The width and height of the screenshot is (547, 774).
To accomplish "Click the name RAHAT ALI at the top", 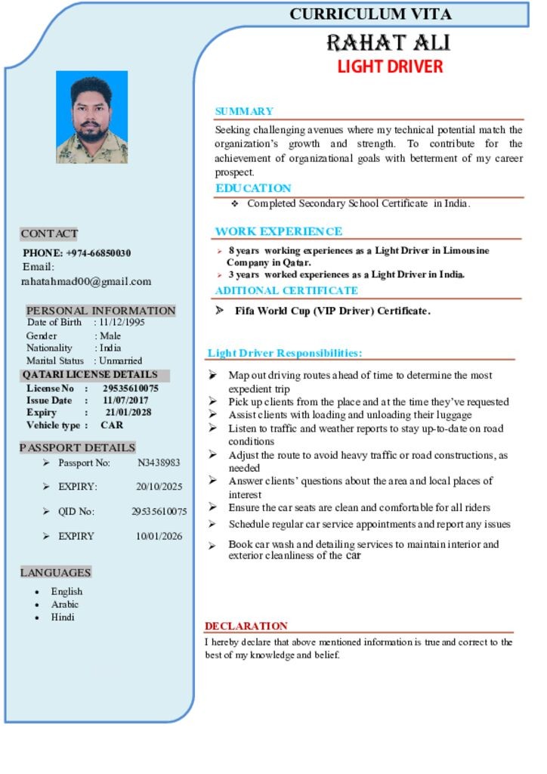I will tap(389, 42).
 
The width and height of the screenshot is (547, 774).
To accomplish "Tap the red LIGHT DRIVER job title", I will tap(390, 67).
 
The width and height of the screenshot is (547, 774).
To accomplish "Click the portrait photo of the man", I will tap(91, 117).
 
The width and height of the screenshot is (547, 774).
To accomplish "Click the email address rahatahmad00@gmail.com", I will tap(86, 281).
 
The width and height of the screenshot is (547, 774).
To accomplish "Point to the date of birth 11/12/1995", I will tap(122, 322).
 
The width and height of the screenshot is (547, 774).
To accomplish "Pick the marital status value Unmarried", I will tap(120, 361).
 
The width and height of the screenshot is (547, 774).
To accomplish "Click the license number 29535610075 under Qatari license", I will tap(131, 389).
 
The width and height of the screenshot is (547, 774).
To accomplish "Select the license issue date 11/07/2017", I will tap(125, 401).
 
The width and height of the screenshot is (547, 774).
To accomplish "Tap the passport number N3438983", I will tap(159, 463).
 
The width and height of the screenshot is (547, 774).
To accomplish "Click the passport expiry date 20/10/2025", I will tap(159, 487).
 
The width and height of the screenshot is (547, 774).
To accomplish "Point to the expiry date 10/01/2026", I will tap(159, 536).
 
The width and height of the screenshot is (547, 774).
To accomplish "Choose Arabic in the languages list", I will tap(65, 604).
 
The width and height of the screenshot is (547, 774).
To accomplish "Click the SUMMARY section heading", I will tap(244, 111).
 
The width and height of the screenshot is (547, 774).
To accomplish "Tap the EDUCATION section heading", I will tap(253, 188).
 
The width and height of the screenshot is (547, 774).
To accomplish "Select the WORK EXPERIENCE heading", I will tap(279, 231).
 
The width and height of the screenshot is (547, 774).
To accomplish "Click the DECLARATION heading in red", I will tap(246, 626).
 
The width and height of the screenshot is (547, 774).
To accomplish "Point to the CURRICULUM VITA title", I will tap(370, 14).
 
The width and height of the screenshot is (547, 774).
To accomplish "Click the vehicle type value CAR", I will tap(112, 426).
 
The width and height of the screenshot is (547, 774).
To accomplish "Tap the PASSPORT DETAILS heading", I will tap(78, 447).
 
